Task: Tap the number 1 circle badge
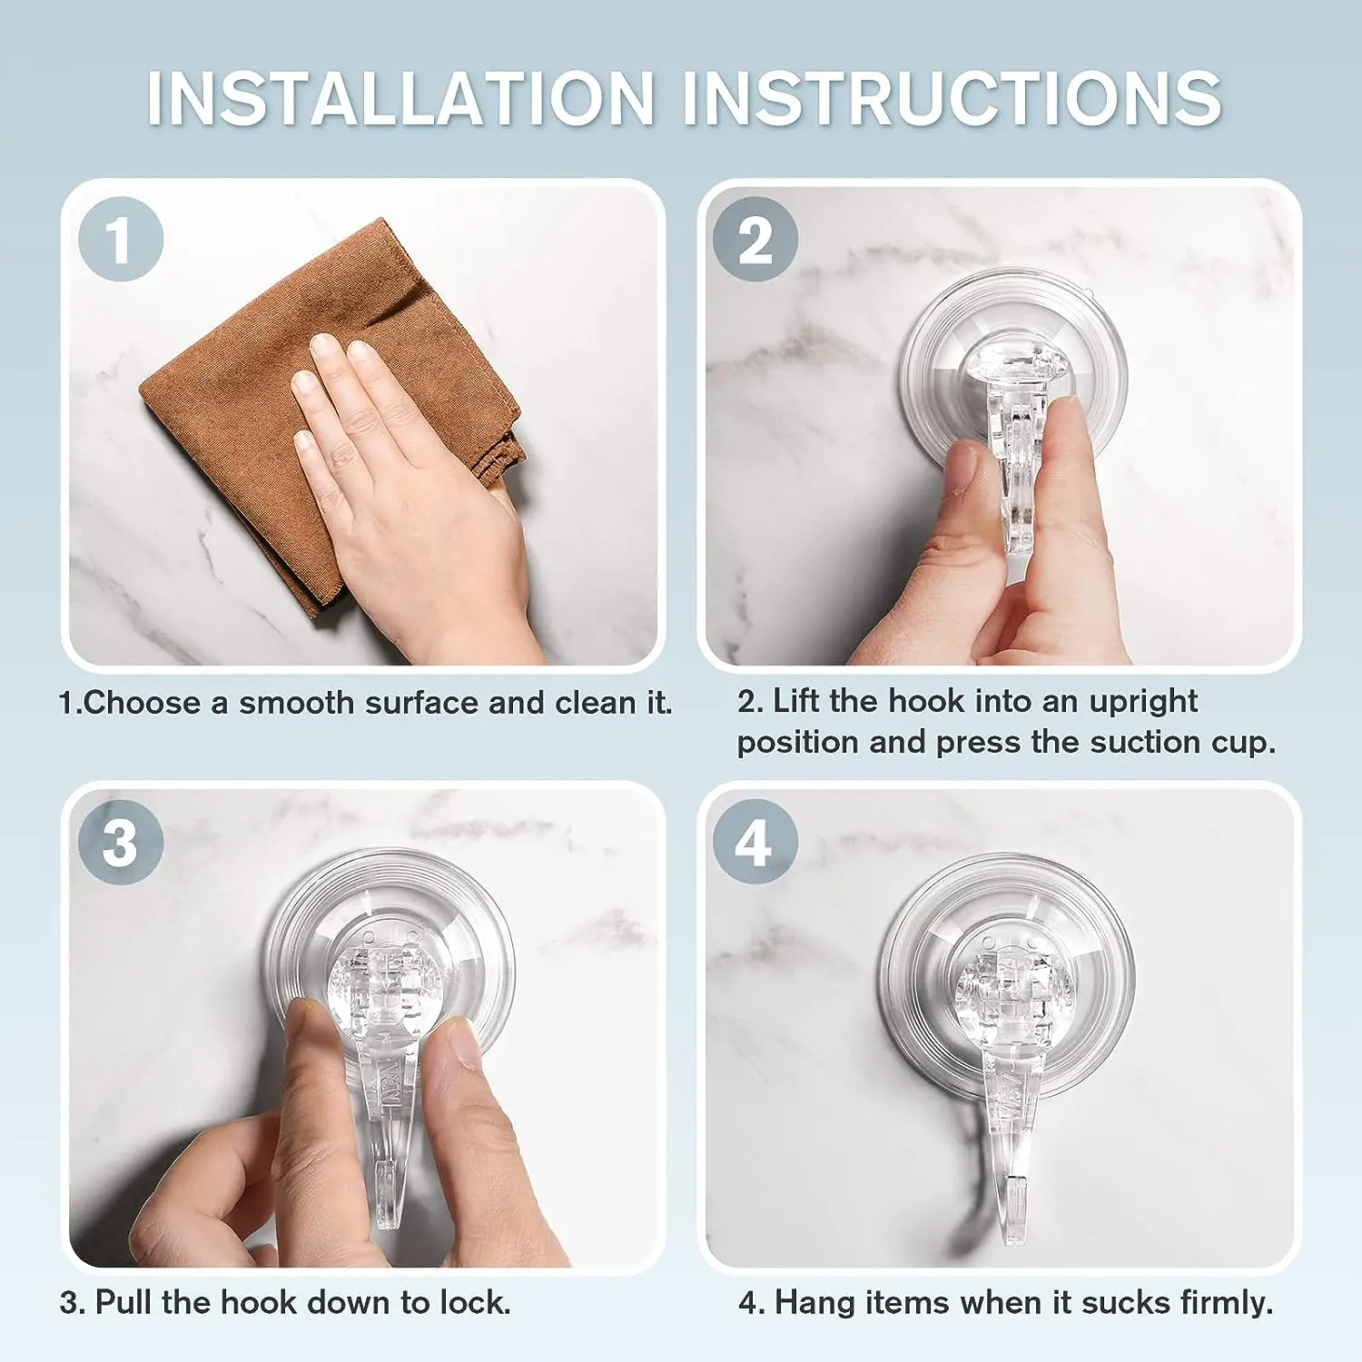121,239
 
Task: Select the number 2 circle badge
755,239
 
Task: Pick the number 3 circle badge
121,842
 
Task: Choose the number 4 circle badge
755,842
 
